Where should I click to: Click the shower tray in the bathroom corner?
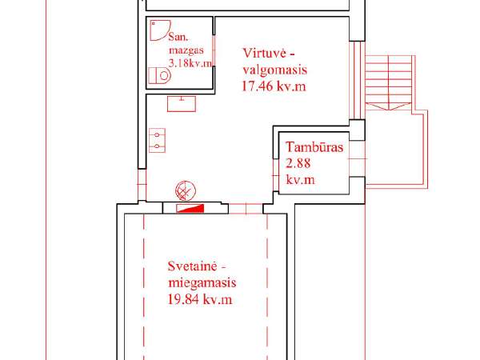pyautogui.click(x=159, y=30)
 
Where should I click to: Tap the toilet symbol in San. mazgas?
pyautogui.click(x=159, y=75)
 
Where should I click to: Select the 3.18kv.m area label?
pyautogui.click(x=190, y=63)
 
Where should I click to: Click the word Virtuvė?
pyautogui.click(x=265, y=53)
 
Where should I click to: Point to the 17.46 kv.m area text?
pyautogui.click(x=274, y=86)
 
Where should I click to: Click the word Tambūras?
pyautogui.click(x=314, y=147)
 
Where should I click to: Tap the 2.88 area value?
pyautogui.click(x=298, y=163)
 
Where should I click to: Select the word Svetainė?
pyautogui.click(x=193, y=266)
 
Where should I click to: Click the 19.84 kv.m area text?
pyautogui.click(x=199, y=299)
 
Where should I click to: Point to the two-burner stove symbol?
pyautogui.click(x=157, y=140)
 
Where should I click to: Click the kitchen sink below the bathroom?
pyautogui.click(x=182, y=104)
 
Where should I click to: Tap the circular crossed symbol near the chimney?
pyautogui.click(x=186, y=190)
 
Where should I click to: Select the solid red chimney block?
pyautogui.click(x=190, y=209)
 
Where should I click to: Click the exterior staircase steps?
pyautogui.click(x=389, y=79)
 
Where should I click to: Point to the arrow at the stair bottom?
pyautogui.click(x=389, y=106)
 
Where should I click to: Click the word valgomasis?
pyautogui.click(x=275, y=70)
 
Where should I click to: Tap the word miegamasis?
pyautogui.click(x=202, y=282)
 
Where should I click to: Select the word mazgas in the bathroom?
pyautogui.click(x=186, y=50)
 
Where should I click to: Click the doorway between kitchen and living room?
pyautogui.click(x=246, y=209)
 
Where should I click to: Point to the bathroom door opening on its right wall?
pyautogui.click(x=214, y=50)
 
